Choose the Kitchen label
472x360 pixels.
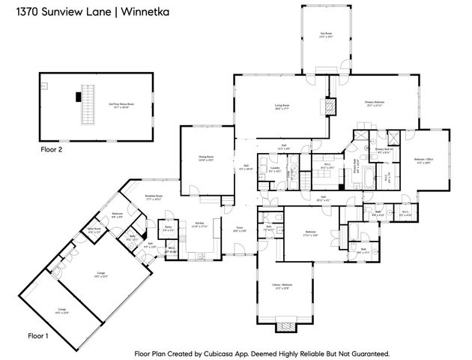(200, 224)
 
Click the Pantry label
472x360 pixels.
(169, 229)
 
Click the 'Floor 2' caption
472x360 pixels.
(52, 150)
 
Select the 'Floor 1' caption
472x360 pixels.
(37, 335)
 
